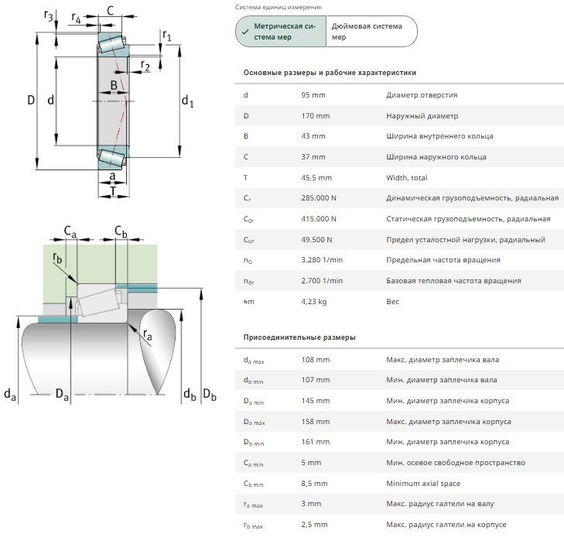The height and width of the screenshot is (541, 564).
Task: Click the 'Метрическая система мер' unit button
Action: click(x=281, y=31)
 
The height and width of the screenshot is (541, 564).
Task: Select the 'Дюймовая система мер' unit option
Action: click(x=369, y=31)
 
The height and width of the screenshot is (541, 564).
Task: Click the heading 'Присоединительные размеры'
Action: click(x=299, y=338)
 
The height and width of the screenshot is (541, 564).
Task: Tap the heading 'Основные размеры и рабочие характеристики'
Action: click(x=330, y=73)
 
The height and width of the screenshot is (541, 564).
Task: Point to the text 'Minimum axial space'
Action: click(x=424, y=484)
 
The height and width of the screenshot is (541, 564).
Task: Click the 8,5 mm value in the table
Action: click(x=316, y=484)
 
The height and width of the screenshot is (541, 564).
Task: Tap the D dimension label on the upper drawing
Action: click(x=31, y=100)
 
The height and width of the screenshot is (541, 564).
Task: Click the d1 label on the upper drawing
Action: click(x=188, y=101)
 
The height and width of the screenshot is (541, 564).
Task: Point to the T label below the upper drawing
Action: click(x=114, y=190)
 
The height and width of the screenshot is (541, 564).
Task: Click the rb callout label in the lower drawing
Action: click(x=57, y=258)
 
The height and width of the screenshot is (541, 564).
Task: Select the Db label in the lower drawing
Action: click(x=209, y=394)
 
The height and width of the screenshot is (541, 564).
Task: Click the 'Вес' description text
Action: click(x=393, y=302)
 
